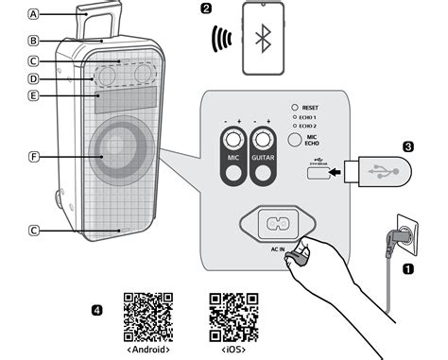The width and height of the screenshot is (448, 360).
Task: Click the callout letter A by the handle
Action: point(35,14)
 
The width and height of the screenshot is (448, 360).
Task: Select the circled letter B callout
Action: point(35,41)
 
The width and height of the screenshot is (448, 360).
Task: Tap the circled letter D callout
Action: point(35,78)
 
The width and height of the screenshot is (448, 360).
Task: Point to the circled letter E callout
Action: point(35,95)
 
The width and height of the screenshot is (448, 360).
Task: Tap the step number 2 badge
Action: point(206,9)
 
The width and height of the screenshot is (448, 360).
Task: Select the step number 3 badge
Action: point(408,146)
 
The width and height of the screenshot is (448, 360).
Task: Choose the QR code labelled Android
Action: point(148,316)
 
